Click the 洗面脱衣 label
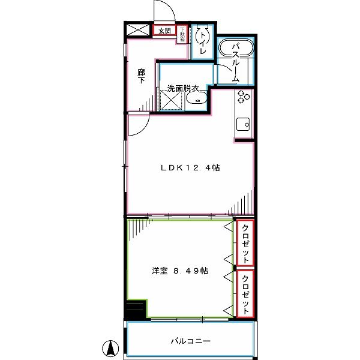[183, 88]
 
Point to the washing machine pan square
[170, 101]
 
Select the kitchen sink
[244, 125]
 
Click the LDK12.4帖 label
[190, 168]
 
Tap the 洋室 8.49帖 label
[180, 271]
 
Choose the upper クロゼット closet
[245, 243]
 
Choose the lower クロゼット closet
[245, 293]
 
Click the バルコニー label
[190, 341]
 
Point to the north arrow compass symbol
[111, 347]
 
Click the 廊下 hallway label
[140, 76]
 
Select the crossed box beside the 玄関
[138, 30]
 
